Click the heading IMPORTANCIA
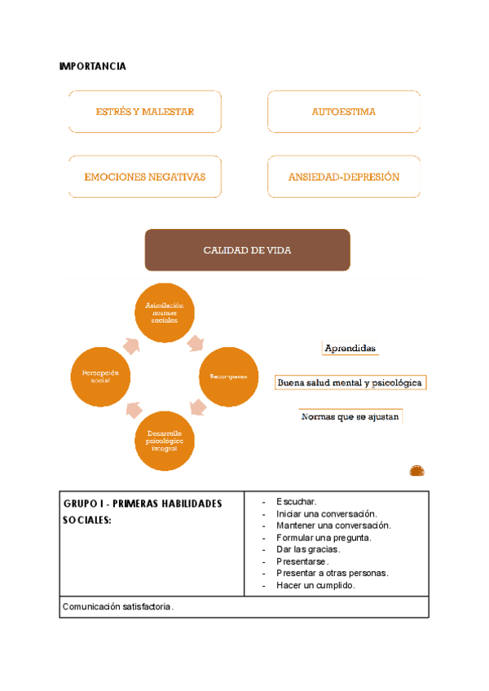pos(93,66)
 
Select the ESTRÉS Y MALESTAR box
pos(145,112)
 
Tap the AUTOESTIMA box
pos(344,112)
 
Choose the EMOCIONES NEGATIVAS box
pos(145,177)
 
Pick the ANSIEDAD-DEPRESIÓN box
pos(344,177)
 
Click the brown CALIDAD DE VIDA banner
pos(247,250)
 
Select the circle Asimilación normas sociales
pos(164,313)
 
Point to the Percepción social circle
pos(101,376)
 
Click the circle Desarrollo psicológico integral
pos(164,441)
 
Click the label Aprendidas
pos(350,349)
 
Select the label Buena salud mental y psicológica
pos(350,382)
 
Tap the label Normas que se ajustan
pos(350,416)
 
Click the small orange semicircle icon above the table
pos(416,470)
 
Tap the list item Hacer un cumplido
pos(315,585)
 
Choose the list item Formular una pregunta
pos(324,537)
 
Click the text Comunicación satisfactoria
pos(117,607)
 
